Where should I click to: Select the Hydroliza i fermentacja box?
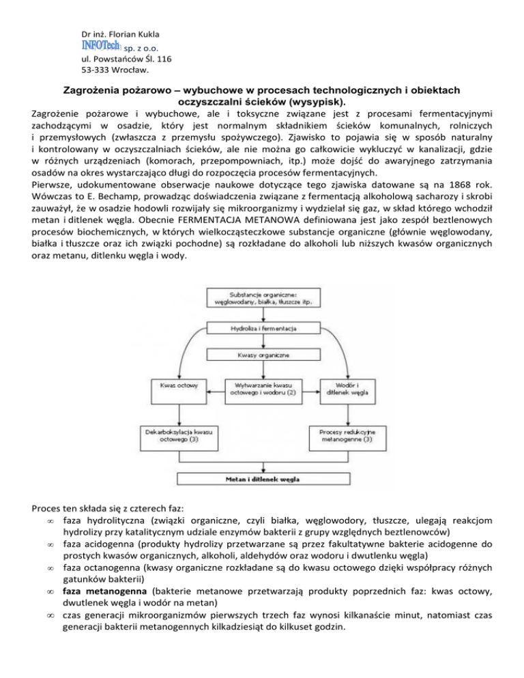tap(262, 330)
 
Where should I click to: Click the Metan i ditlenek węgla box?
tap(262, 479)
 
